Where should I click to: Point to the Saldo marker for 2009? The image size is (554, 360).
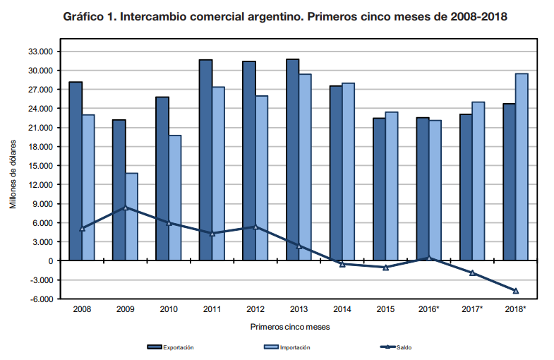(x=126, y=208)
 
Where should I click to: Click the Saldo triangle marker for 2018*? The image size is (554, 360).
(x=516, y=291)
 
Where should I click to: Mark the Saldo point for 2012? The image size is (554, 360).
(x=255, y=227)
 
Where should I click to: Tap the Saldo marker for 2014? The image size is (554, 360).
(x=342, y=264)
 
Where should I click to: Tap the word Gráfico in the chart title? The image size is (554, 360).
(x=87, y=16)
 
